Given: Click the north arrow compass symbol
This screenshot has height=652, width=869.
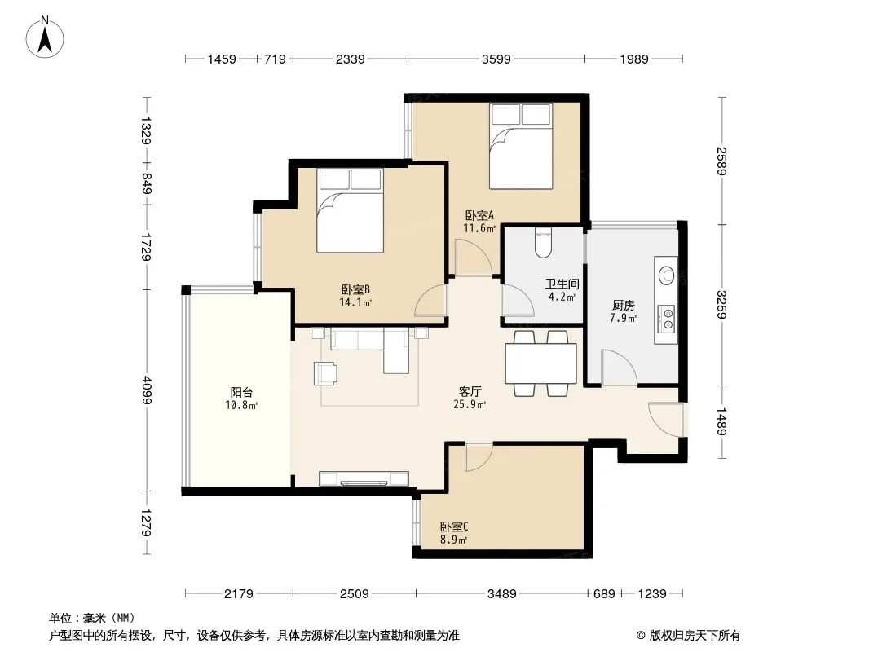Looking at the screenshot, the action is pos(45,37).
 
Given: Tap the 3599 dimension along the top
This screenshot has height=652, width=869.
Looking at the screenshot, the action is pos(496,59).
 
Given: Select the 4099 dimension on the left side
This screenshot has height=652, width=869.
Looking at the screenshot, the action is pos(146,390).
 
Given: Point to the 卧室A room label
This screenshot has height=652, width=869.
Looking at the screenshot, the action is pos(479,215).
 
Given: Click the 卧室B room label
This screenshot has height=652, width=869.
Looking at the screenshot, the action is pos(355,289).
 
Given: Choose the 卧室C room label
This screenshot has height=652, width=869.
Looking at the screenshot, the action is pos(454,526).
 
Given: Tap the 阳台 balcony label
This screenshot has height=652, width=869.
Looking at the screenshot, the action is pos(241,393).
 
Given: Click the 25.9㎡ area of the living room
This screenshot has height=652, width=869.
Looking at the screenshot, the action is pos(470,405).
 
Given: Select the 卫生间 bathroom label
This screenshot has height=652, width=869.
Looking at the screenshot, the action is pos(562,284).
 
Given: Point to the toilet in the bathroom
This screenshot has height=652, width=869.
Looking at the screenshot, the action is pos(543,243).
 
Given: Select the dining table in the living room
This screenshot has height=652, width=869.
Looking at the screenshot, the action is pos(541,363).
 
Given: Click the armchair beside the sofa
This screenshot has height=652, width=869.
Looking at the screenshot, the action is pos(325,372).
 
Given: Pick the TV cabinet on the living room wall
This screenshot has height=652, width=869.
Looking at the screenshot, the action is pos(364,478).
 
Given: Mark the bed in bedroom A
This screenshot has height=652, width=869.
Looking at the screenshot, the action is pos(521,146).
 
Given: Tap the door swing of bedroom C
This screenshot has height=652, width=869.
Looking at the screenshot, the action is pos(479,457).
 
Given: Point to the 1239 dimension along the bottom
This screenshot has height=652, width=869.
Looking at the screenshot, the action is pos(652,594).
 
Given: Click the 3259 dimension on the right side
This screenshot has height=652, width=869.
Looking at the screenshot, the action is pos(721,305).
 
